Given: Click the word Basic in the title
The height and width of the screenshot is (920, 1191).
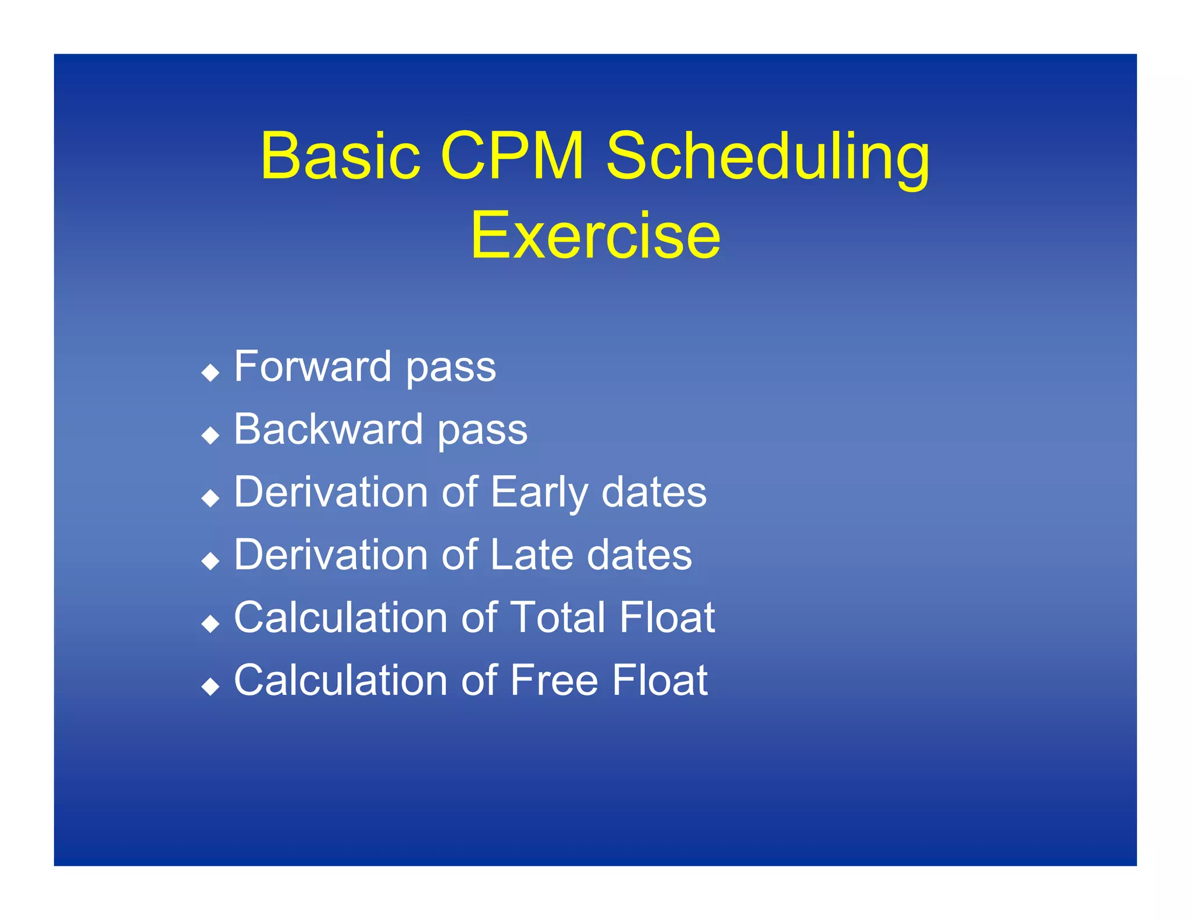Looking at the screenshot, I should coord(340,156).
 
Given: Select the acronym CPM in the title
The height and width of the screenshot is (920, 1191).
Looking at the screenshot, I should coord(512,156).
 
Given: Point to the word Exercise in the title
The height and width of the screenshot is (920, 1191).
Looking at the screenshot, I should coord(595,236).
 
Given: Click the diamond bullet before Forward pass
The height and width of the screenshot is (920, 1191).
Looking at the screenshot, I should coord(210,372).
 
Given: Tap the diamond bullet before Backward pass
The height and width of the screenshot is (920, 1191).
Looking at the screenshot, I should coord(210,435).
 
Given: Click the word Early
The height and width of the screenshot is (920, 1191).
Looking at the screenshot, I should coord(539,493).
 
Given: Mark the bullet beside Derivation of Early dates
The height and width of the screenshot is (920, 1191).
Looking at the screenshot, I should coord(210,498).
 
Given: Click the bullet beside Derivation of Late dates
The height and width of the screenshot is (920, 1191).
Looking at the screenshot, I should coord(210,561).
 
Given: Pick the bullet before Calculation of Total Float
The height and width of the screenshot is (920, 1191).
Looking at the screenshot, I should coord(210,623).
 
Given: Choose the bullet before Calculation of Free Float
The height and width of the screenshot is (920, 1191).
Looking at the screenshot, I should coord(210,686).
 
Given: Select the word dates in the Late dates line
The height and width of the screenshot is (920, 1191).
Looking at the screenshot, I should coord(639,555).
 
